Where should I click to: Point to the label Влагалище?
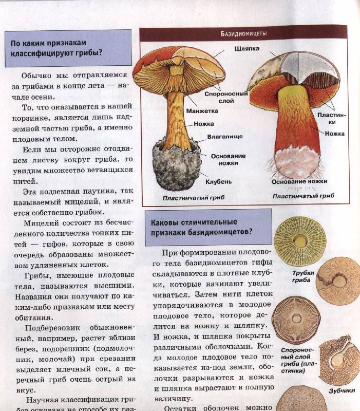(x=222, y=137)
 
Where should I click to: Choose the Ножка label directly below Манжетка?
(x=204, y=123)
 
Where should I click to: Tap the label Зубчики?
(x=342, y=390)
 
